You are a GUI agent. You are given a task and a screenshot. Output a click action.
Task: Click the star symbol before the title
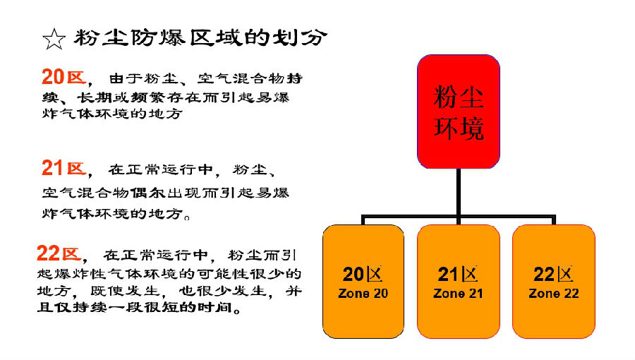54,40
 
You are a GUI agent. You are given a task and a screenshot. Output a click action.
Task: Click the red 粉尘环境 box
459,112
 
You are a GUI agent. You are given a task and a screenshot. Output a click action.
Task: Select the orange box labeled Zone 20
363,282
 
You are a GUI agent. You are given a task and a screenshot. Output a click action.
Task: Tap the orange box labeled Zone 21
459,282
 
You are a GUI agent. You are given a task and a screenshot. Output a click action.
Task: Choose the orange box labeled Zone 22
554,282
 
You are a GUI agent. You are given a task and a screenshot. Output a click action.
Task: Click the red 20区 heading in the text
64,76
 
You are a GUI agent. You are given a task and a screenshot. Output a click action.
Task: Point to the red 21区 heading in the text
64,168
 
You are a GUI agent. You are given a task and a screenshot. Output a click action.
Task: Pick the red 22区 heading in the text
59,253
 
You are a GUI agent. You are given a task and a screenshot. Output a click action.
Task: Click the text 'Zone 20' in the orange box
363,293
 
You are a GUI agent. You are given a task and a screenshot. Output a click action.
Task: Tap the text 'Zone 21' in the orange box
459,293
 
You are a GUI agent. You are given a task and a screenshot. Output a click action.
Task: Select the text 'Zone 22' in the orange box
554,293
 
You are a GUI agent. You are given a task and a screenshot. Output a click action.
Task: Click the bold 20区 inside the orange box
363,275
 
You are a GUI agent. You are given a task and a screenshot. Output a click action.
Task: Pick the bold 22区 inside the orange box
553,275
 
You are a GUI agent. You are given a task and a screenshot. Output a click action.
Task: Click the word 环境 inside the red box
459,128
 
